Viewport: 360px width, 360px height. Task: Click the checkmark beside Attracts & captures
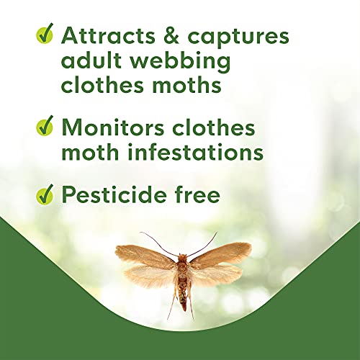45,33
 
